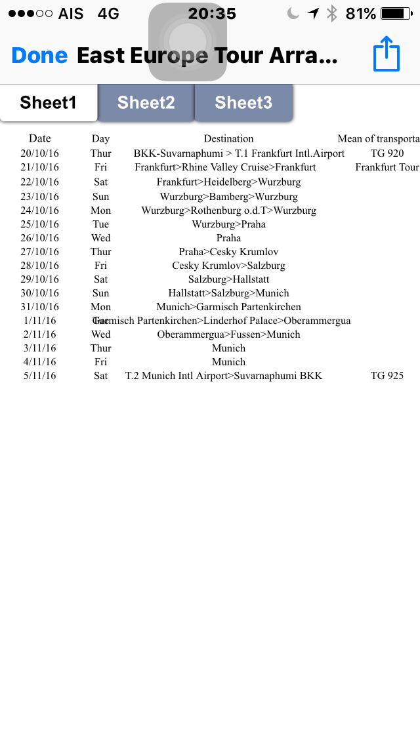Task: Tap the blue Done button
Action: pyautogui.click(x=39, y=56)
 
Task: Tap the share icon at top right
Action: pyautogui.click(x=387, y=54)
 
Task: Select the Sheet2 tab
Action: pyautogui.click(x=146, y=102)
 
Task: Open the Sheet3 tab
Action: pyautogui.click(x=243, y=102)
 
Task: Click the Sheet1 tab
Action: pyautogui.click(x=49, y=102)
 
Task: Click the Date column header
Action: pyautogui.click(x=40, y=138)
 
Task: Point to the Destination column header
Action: pyautogui.click(x=228, y=138)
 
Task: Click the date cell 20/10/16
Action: pyautogui.click(x=40, y=153)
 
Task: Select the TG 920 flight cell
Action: pyautogui.click(x=387, y=153)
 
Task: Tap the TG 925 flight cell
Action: pyautogui.click(x=387, y=376)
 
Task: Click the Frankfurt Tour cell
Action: pyautogui.click(x=387, y=167)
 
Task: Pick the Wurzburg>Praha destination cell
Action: pyautogui.click(x=228, y=224)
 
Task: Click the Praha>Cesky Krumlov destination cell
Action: pyautogui.click(x=228, y=252)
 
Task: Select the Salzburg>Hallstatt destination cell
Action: pyautogui.click(x=228, y=279)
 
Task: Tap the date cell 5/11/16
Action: pyautogui.click(x=40, y=376)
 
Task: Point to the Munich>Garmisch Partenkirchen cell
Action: pyautogui.click(x=228, y=307)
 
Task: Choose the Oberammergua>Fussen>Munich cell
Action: pyautogui.click(x=228, y=334)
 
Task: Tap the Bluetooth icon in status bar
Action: pyautogui.click(x=332, y=14)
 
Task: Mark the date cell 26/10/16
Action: pyautogui.click(x=40, y=238)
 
